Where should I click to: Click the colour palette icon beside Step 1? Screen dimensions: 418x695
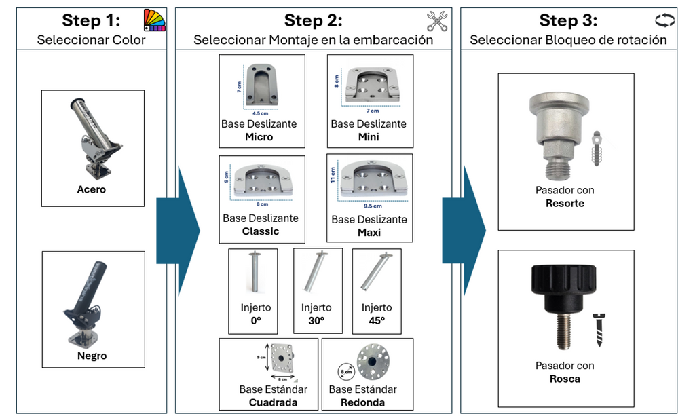[x=155, y=20]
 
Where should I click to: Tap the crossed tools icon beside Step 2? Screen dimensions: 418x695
[x=437, y=21]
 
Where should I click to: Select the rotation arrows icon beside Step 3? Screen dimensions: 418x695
[x=664, y=20]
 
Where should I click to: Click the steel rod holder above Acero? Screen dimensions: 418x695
[x=94, y=135]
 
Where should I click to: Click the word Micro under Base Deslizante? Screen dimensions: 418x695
[x=259, y=137]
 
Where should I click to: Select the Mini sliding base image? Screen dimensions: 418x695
[x=370, y=85]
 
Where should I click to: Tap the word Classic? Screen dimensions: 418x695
[x=261, y=231]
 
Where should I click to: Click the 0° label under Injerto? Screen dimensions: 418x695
[x=256, y=320]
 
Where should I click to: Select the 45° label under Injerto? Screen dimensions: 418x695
[x=376, y=320]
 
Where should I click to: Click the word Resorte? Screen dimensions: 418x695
[x=565, y=203]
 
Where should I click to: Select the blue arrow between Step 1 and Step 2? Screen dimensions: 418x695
[x=179, y=231]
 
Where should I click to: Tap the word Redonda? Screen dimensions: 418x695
[x=363, y=402]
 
